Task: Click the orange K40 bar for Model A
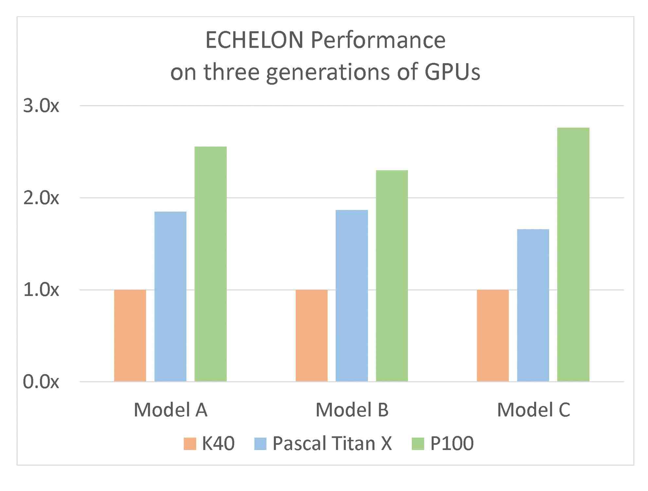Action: coord(130,336)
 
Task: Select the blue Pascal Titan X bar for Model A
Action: coord(170,296)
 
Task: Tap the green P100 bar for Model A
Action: coord(210,264)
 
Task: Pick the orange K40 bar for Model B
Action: coord(311,336)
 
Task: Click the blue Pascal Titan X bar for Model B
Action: coord(352,296)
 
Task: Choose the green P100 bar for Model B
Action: coord(392,276)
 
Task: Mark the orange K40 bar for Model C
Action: coord(493,336)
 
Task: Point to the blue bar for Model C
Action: coord(533,305)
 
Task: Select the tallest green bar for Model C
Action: coord(573,254)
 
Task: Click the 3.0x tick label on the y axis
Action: coord(41,106)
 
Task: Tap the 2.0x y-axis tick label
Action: coord(41,198)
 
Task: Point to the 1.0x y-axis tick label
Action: coord(41,290)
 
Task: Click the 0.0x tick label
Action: coord(41,382)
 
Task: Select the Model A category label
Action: coord(170,409)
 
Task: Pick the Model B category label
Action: coord(352,409)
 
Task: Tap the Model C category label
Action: coord(533,409)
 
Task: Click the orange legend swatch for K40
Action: coord(190,444)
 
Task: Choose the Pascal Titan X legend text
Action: coord(332,444)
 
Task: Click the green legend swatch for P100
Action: coord(417,444)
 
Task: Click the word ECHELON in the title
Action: coord(254,40)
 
